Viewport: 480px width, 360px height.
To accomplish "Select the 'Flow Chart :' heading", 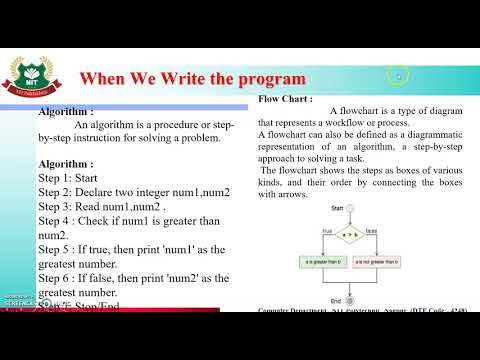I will tap(285, 100).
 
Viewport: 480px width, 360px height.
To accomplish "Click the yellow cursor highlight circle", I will tap(399, 75).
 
